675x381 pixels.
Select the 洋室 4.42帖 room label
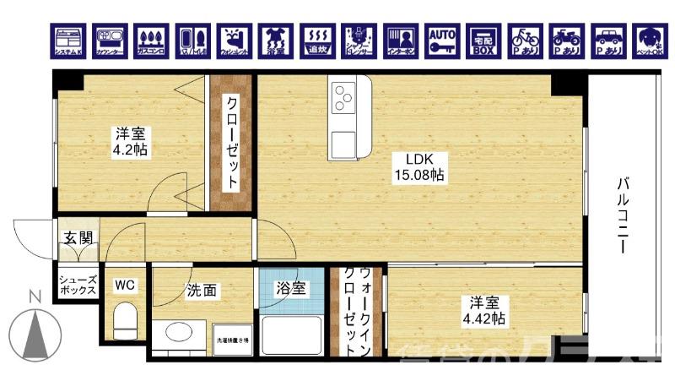pos(481,310)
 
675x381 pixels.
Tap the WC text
pos(125,284)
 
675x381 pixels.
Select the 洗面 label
pos(202,291)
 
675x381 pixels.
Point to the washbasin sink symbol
pos(180,333)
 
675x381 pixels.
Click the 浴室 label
pos(291,288)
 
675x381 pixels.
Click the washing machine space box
pos(231,340)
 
